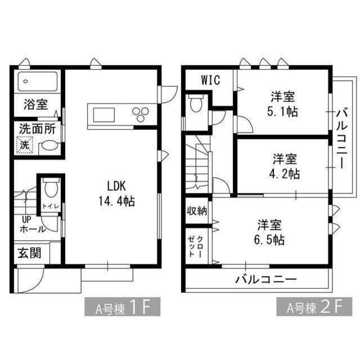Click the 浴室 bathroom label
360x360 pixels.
35,104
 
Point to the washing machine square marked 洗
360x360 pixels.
25,145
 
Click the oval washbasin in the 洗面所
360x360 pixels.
49,145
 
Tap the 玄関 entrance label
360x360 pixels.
29,253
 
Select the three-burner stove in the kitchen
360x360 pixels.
139,114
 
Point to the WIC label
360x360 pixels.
211,80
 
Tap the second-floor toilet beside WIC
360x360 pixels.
196,105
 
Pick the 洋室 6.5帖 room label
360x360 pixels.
270,232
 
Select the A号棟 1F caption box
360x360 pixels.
121,308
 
